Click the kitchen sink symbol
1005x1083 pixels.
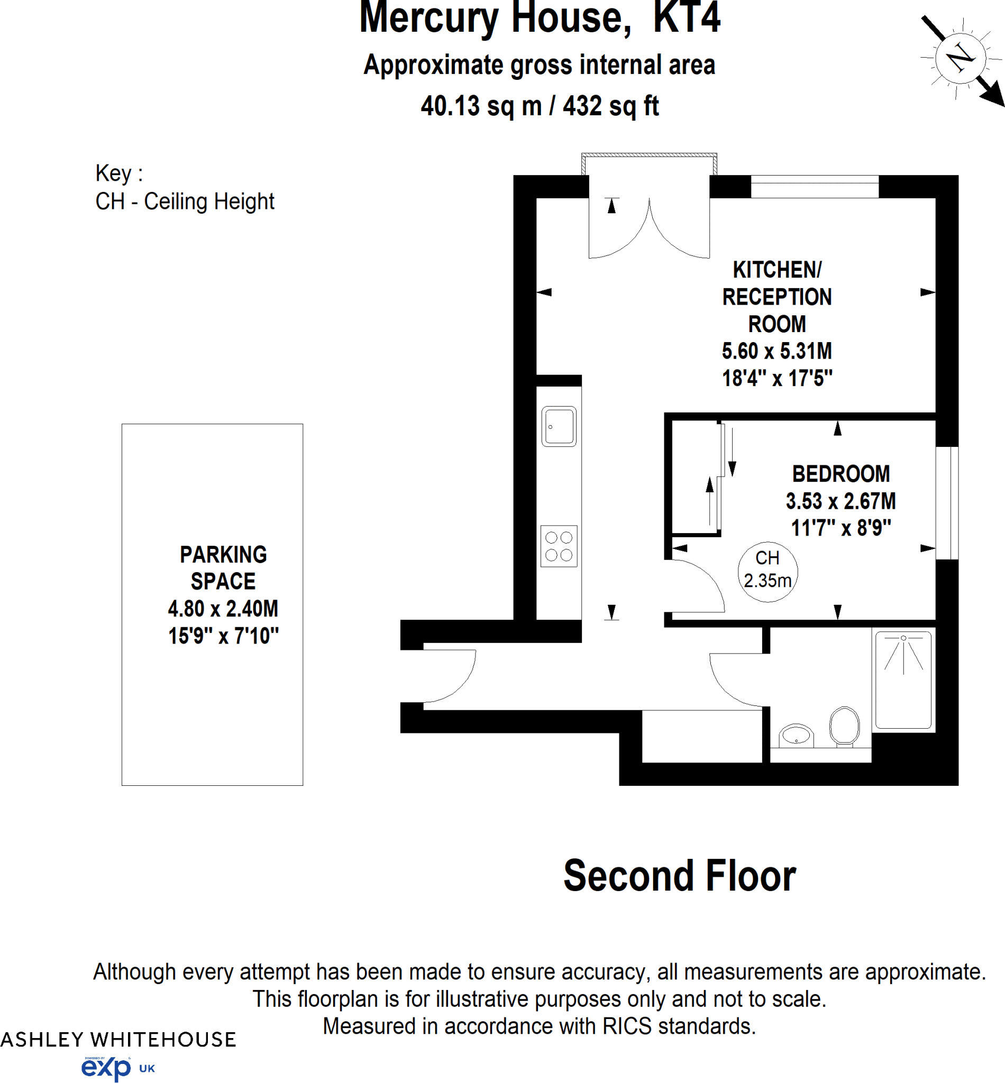pos(559,426)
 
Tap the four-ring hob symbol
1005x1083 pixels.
pos(559,546)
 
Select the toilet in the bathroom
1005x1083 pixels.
pos(844,726)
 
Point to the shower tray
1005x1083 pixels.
pos(903,680)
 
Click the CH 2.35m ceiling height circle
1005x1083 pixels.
pos(768,572)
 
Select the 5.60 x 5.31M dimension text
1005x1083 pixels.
pos(776,351)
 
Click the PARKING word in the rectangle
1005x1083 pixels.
pos(223,555)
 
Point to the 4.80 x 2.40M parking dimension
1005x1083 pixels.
pos(223,609)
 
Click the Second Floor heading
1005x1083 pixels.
pos(679,876)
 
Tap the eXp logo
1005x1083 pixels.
pos(106,1068)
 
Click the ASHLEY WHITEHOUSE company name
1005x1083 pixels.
pos(118,1040)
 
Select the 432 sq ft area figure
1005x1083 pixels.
pos(611,105)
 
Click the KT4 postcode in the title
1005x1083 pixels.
pos(687,17)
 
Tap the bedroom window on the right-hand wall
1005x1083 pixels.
pos(947,503)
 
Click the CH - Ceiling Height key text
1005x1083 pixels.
pos(185,201)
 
